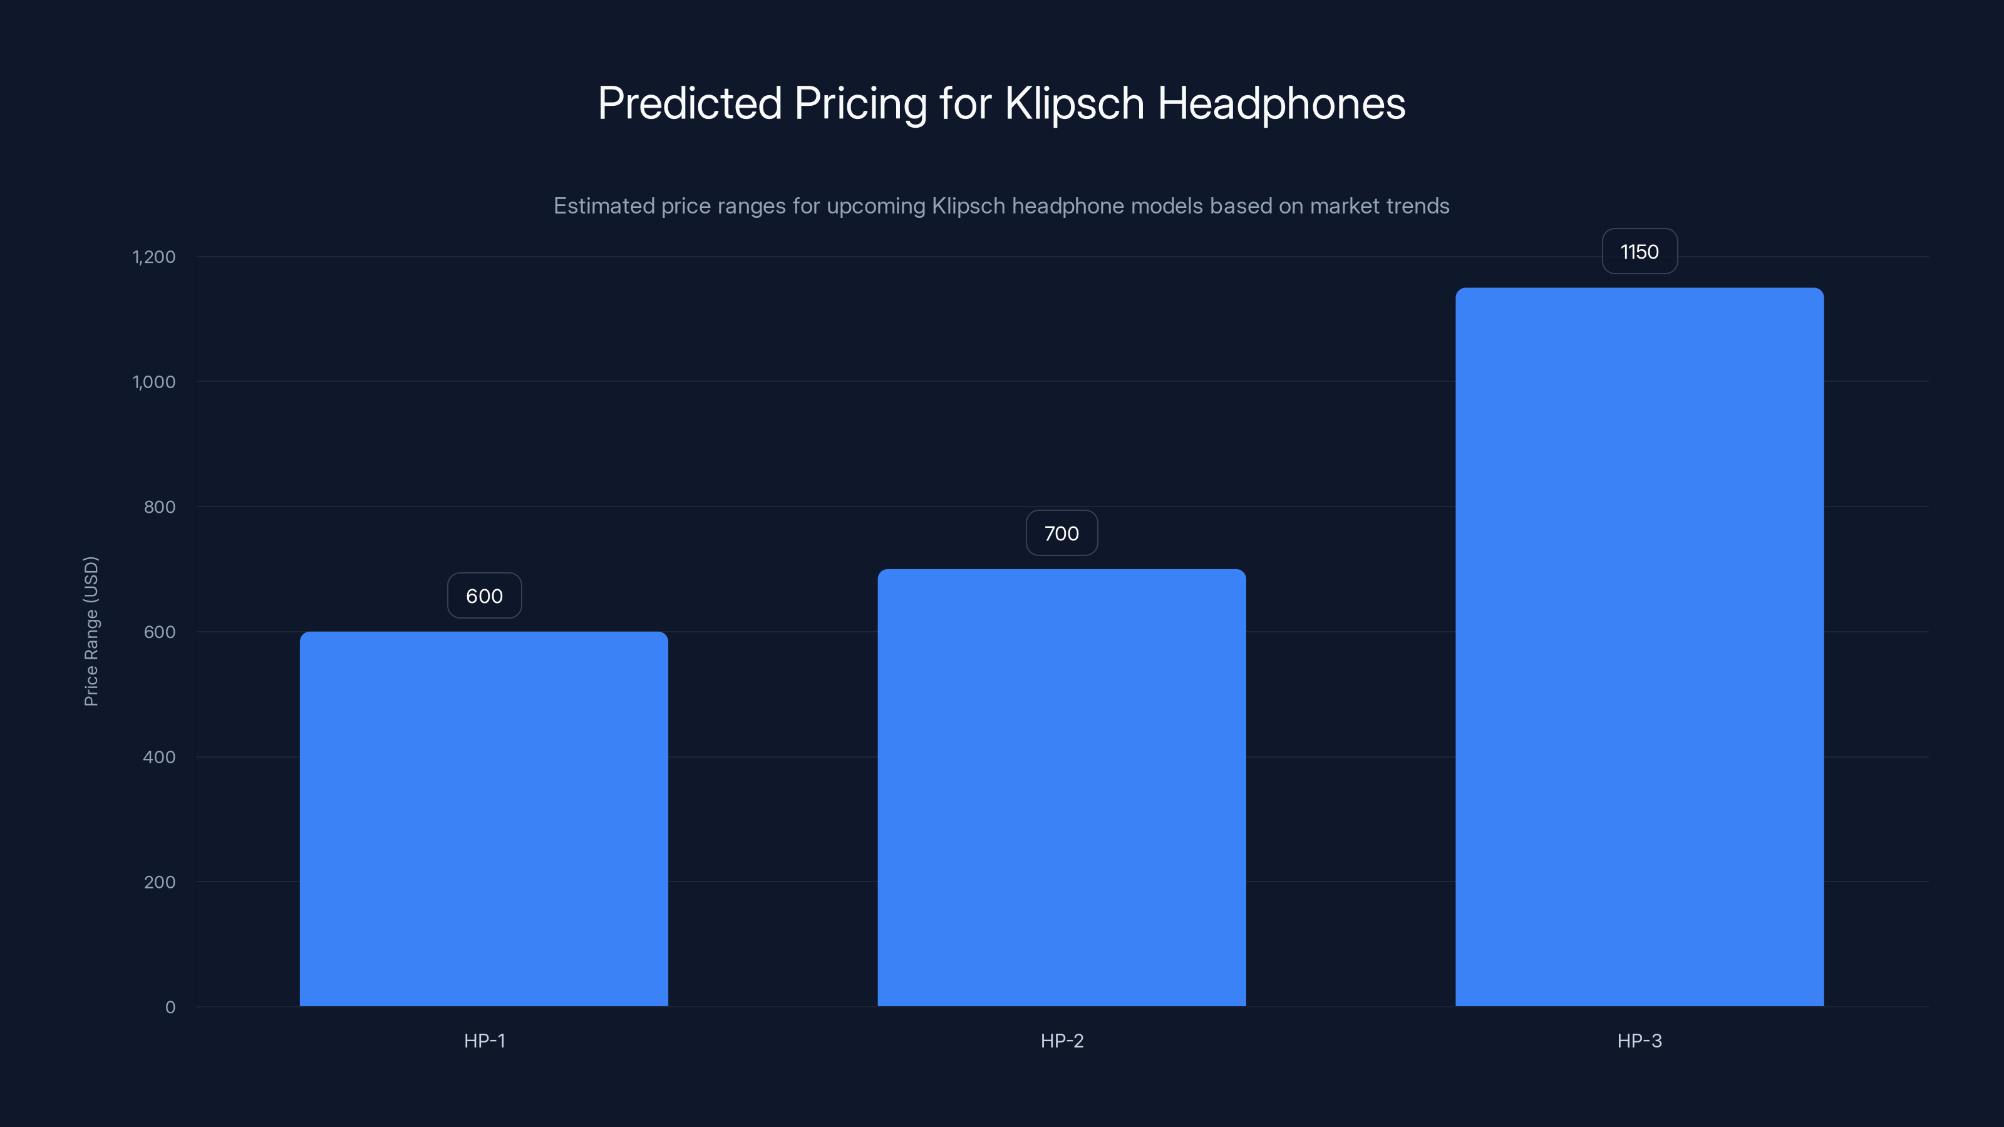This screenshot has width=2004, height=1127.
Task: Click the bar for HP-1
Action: [484, 818]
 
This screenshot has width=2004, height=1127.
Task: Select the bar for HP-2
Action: [1061, 787]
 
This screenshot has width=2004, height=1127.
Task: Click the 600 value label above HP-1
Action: [484, 596]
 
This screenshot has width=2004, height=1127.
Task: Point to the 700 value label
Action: [1061, 533]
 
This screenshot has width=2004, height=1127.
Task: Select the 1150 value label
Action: [1639, 252]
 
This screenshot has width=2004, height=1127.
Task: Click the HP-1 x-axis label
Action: [484, 1041]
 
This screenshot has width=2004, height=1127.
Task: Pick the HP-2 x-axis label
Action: [1061, 1041]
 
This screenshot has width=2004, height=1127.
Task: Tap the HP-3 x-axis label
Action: [1639, 1041]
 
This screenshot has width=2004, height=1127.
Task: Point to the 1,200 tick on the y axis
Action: [154, 257]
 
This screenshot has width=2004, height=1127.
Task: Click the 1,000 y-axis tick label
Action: [154, 382]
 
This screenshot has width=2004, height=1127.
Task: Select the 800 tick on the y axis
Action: [160, 507]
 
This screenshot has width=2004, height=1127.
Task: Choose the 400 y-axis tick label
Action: [160, 757]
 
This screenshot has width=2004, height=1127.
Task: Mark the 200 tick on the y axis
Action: [160, 882]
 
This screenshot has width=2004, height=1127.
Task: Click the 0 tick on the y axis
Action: [170, 1007]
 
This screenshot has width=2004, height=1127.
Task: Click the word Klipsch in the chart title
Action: [1073, 103]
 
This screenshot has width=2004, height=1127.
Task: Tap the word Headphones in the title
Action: [1281, 103]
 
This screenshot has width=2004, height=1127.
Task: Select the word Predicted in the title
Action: [690, 103]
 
